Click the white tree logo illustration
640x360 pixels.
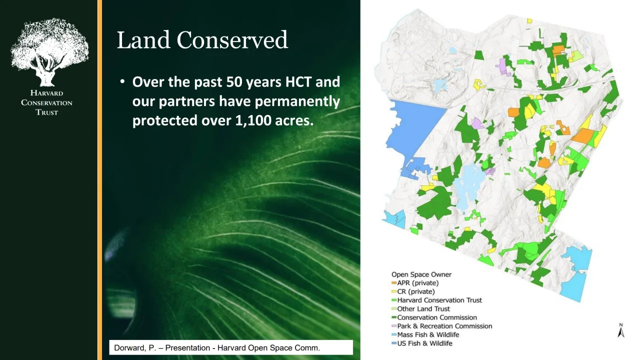pos(49,52)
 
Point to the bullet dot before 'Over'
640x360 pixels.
pos(122,82)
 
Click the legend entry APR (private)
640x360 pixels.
pos(415,283)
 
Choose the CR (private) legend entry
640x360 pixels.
pos(413,291)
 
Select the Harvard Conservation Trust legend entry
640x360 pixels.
pos(436,300)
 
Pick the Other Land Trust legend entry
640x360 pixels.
pos(420,309)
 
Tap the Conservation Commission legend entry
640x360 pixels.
pos(434,317)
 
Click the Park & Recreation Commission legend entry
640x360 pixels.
pos(441,326)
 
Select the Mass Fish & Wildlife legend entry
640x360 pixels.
pos(425,334)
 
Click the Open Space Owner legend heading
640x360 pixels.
pos(421,274)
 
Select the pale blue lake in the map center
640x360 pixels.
pos(468,185)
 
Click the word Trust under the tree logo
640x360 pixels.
pos(47,112)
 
